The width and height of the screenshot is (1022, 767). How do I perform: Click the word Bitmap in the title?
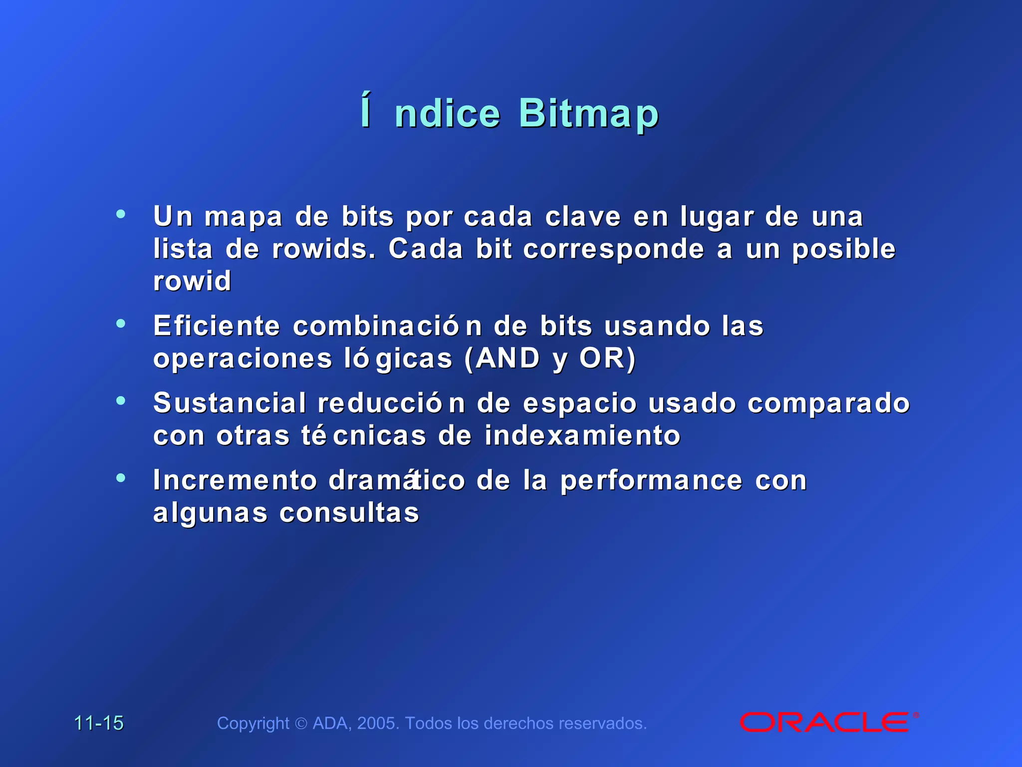[x=589, y=114]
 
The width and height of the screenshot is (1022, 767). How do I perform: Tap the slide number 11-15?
[x=99, y=723]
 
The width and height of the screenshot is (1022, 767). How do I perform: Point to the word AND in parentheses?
[x=508, y=358]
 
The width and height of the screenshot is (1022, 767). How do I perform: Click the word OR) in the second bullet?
[x=607, y=358]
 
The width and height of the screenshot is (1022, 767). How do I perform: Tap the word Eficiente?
[x=217, y=326]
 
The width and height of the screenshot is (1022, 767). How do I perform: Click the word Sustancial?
[x=230, y=403]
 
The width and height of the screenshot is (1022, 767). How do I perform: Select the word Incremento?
[x=235, y=480]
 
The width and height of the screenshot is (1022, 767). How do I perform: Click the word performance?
[x=651, y=480]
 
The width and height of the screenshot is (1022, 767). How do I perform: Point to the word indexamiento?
[x=582, y=435]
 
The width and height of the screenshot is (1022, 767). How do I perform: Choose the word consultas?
[x=349, y=513]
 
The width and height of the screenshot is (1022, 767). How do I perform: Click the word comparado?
[x=828, y=403]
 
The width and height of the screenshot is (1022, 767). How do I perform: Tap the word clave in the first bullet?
[x=583, y=217]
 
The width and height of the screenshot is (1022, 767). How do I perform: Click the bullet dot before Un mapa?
[x=121, y=214]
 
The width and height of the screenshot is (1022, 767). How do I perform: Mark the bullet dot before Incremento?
[x=121, y=478]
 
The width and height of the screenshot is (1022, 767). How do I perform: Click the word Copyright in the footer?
[x=253, y=723]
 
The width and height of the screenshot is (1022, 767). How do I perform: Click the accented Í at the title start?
[x=366, y=111]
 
